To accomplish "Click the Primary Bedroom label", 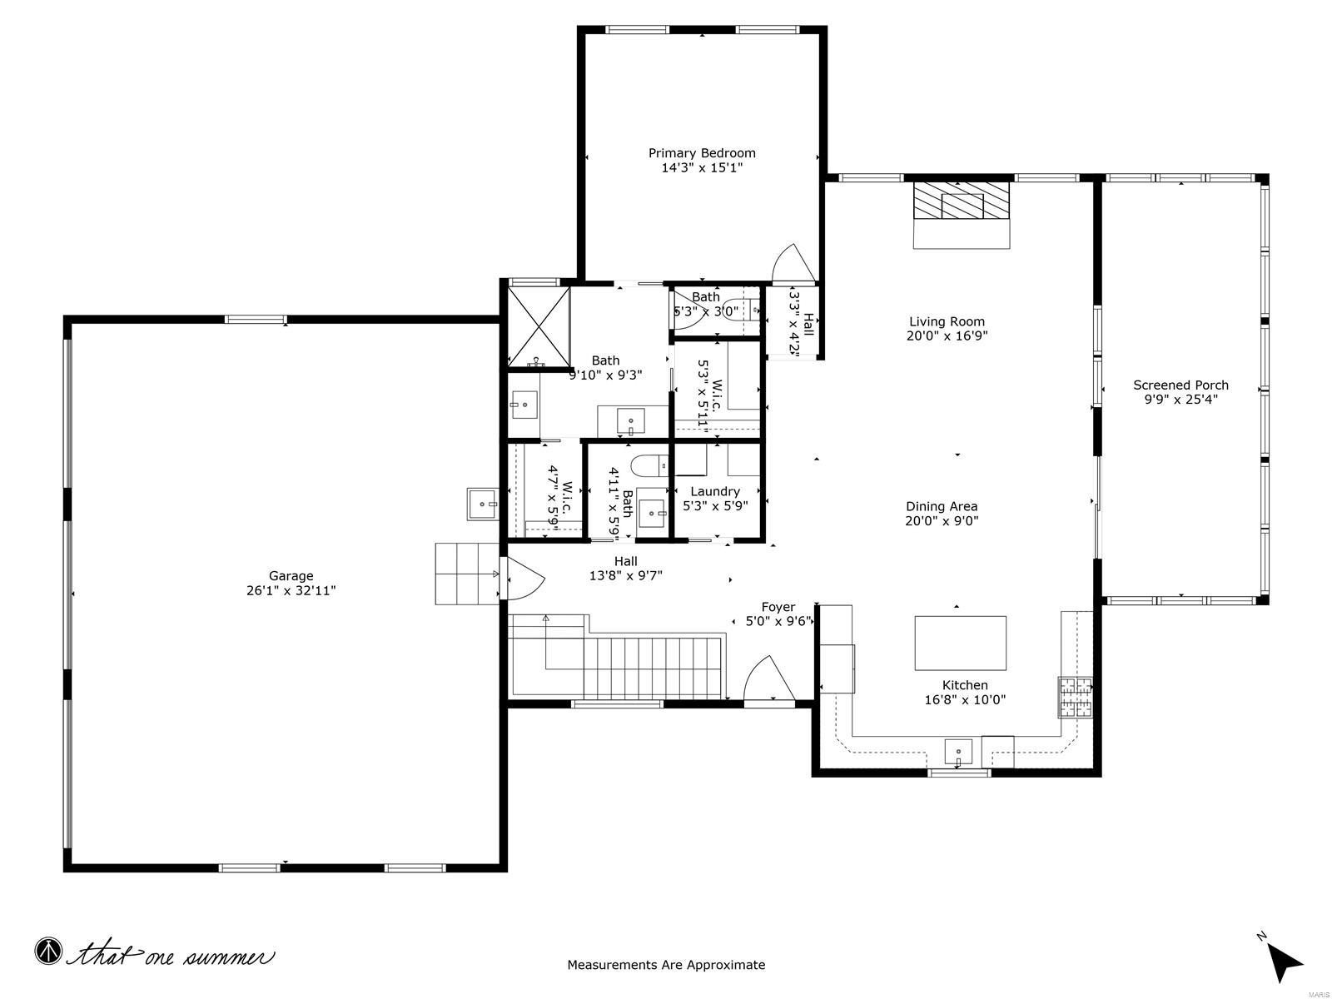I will tap(702, 153).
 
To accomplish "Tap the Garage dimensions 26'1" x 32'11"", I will tap(291, 591).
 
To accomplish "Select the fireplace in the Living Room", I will tap(962, 201).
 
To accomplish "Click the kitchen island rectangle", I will tap(960, 643).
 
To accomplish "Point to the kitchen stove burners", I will tap(1075, 698).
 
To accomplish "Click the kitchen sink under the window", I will tap(958, 752).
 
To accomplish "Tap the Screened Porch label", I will tap(1180, 385).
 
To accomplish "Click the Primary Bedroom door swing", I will tap(793, 265).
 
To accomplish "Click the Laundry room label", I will tap(714, 491).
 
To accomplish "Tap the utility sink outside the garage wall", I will tap(483, 504).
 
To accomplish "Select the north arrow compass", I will tap(1285, 960).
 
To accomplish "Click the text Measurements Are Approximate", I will tap(666, 966).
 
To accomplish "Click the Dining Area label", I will tap(942, 506).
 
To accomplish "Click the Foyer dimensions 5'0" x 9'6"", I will tap(778, 621).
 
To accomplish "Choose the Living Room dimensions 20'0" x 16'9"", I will tap(947, 336).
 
